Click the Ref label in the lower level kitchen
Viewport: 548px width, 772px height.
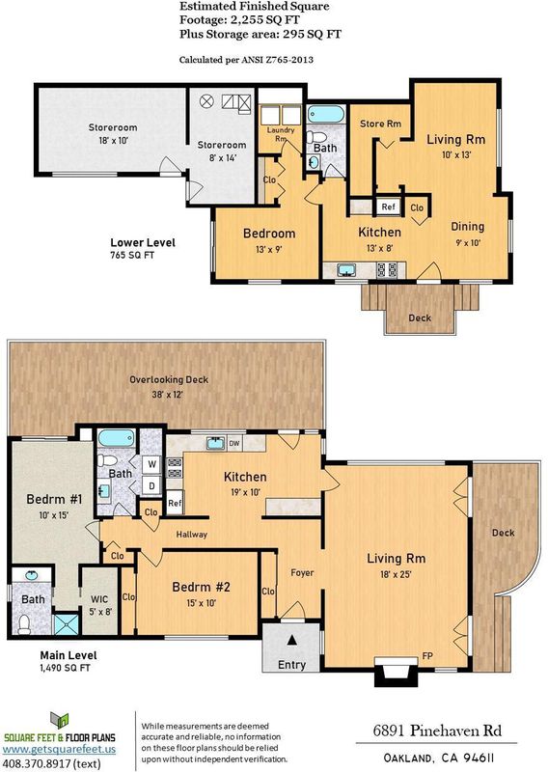388,207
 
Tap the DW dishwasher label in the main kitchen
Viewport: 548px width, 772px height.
234,443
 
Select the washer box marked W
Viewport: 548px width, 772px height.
152,464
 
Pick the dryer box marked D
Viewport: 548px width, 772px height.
152,485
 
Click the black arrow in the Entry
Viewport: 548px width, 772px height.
292,640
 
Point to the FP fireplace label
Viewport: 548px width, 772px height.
426,656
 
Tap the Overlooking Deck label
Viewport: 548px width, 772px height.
169,379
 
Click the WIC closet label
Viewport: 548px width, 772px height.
100,599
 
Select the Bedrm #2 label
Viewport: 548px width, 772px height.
201,587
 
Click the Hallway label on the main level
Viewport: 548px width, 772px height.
192,535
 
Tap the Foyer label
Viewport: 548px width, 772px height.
302,572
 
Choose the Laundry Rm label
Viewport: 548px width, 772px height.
281,134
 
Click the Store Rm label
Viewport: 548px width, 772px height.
380,124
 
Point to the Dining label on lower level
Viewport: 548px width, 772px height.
467,227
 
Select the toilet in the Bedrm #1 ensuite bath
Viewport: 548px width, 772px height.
23,624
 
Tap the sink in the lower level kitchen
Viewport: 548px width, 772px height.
347,270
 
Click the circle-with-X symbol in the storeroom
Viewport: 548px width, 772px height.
206,102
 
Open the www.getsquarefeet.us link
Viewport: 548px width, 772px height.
59,749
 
